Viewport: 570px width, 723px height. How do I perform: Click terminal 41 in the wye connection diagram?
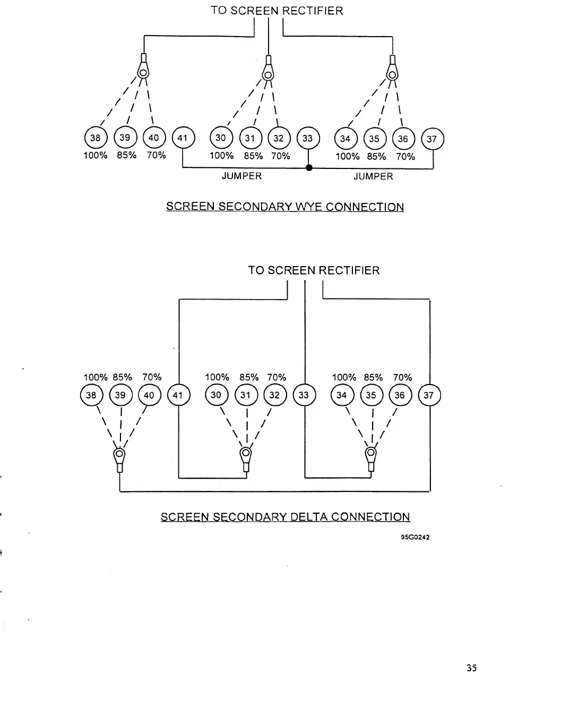[x=183, y=138]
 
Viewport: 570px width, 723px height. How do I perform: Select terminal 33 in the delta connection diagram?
[x=304, y=395]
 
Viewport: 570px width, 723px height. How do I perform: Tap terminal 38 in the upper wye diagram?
[x=96, y=138]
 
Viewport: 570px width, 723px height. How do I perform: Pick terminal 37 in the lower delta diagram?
[x=429, y=395]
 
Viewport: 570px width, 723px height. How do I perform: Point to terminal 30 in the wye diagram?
[x=221, y=138]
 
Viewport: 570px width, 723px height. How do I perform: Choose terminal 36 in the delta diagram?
[x=400, y=395]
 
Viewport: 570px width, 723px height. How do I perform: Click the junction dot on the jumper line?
[x=309, y=168]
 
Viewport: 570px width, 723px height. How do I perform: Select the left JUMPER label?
[x=241, y=176]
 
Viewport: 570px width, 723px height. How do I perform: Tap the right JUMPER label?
[x=373, y=176]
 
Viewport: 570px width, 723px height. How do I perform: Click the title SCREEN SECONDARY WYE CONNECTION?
[x=285, y=207]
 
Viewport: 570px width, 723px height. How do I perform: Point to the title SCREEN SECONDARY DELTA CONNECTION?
[x=285, y=517]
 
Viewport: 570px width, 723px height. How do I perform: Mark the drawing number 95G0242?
[x=415, y=537]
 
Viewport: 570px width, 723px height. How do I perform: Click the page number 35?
[x=471, y=668]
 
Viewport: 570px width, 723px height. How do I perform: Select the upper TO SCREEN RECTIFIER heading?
[x=277, y=11]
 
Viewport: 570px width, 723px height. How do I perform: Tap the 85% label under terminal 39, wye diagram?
[x=126, y=155]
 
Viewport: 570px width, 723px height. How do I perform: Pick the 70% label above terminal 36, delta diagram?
[x=402, y=377]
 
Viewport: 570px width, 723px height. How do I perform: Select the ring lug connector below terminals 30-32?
[x=245, y=456]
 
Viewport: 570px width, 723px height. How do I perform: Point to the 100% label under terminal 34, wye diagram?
[x=347, y=156]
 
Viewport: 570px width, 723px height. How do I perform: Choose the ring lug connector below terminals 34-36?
[x=370, y=456]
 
